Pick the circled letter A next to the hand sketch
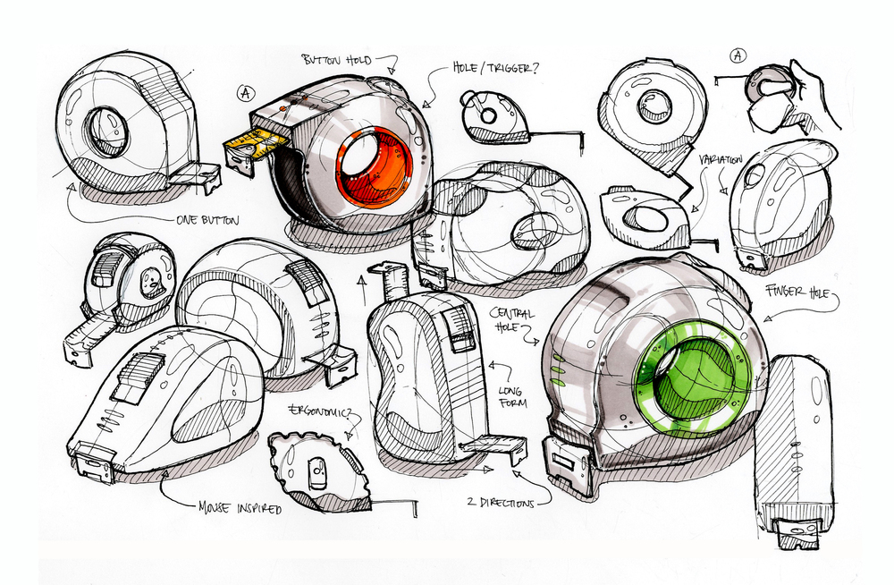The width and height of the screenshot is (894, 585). (x=738, y=55)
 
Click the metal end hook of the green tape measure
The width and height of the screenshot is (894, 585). (x=568, y=461)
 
